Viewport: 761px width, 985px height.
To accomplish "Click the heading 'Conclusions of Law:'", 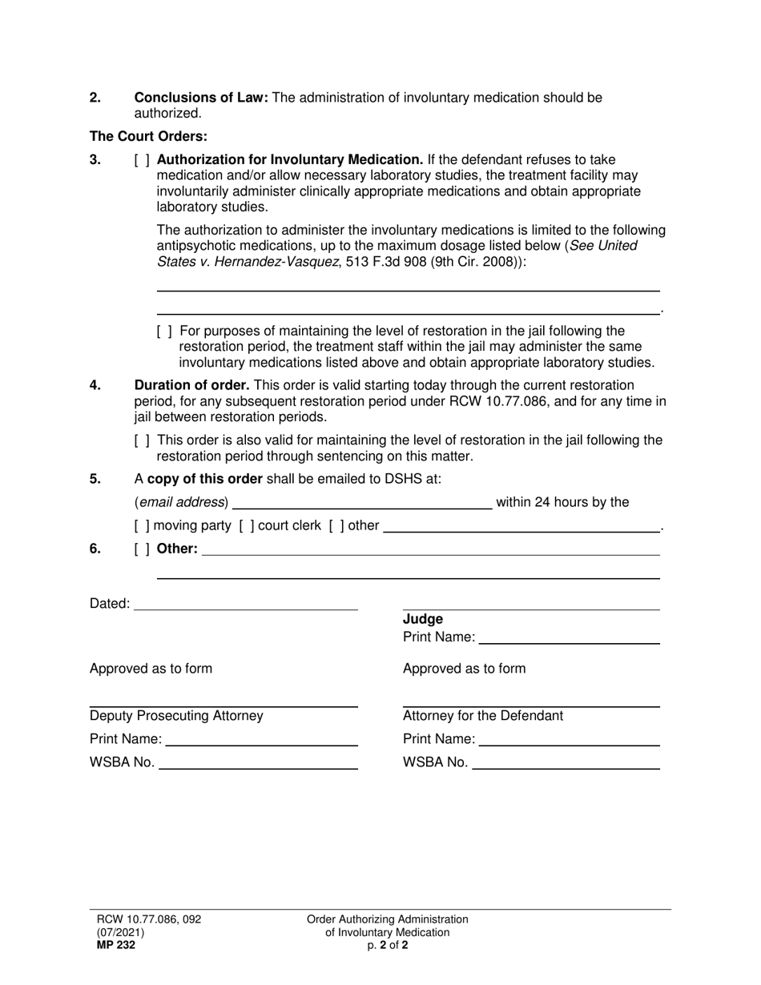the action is click(201, 98).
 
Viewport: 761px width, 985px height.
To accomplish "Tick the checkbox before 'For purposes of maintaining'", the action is click(164, 331).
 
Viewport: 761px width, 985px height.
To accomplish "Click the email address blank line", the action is click(362, 503).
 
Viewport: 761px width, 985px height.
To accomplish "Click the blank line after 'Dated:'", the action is click(246, 604).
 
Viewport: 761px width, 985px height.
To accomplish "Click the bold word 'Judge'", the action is click(422, 619).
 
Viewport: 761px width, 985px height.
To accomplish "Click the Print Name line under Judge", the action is click(569, 638).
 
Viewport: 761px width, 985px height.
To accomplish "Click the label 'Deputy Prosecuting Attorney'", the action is click(176, 716).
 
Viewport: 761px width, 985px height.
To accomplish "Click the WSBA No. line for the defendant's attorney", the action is click(566, 763).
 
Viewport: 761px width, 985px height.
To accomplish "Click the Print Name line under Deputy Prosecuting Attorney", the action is click(261, 739).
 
